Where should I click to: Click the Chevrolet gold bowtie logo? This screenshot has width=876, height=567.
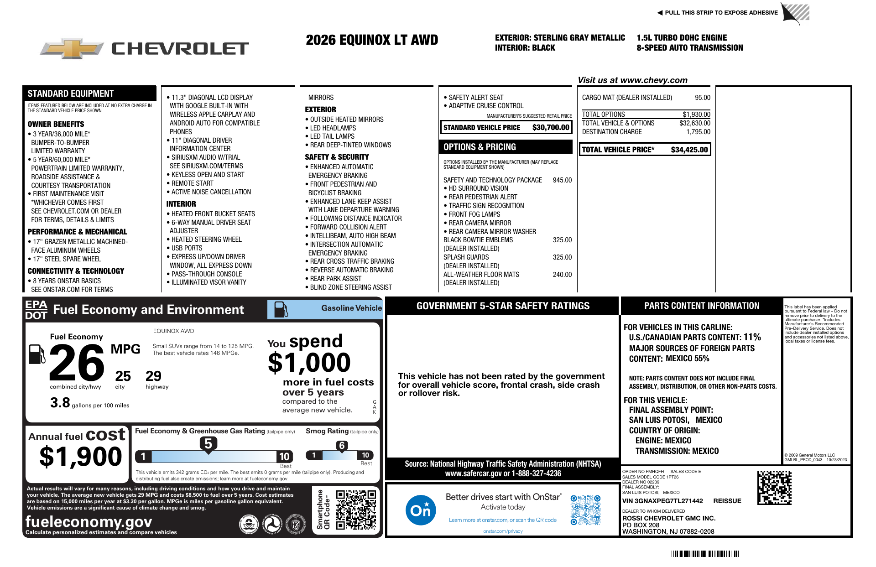pyautogui.click(x=72, y=48)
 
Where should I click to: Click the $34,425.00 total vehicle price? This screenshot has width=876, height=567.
pyautogui.click(x=689, y=150)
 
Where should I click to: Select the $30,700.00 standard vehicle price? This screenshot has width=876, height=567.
pyautogui.click(x=551, y=128)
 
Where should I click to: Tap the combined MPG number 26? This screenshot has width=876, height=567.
pyautogui.click(x=77, y=363)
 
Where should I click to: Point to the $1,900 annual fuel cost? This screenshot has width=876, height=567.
pyautogui.click(x=81, y=457)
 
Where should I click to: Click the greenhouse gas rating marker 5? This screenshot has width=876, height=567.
pyautogui.click(x=208, y=444)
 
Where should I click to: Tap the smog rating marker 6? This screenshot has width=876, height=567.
pyautogui.click(x=342, y=446)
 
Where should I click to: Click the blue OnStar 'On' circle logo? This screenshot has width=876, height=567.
pyautogui.click(x=420, y=510)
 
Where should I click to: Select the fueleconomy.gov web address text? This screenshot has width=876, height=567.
pyautogui.click(x=89, y=521)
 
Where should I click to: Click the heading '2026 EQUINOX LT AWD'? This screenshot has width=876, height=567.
pyautogui.click(x=372, y=40)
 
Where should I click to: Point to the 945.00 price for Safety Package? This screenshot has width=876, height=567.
pyautogui.click(x=562, y=180)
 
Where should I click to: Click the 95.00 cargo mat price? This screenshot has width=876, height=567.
pyautogui.click(x=702, y=98)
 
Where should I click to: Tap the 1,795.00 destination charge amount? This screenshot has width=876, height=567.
pyautogui.click(x=698, y=132)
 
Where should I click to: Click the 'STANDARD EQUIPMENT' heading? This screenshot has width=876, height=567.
pyautogui.click(x=71, y=94)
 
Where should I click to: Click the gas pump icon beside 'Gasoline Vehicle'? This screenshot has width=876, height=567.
pyautogui.click(x=281, y=309)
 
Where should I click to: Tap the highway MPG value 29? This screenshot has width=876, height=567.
pyautogui.click(x=153, y=376)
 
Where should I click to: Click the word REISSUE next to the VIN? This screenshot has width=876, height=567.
pyautogui.click(x=727, y=501)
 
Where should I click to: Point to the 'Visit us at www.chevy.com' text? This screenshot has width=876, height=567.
pyautogui.click(x=632, y=80)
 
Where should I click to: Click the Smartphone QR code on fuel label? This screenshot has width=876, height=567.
pyautogui.click(x=356, y=510)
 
